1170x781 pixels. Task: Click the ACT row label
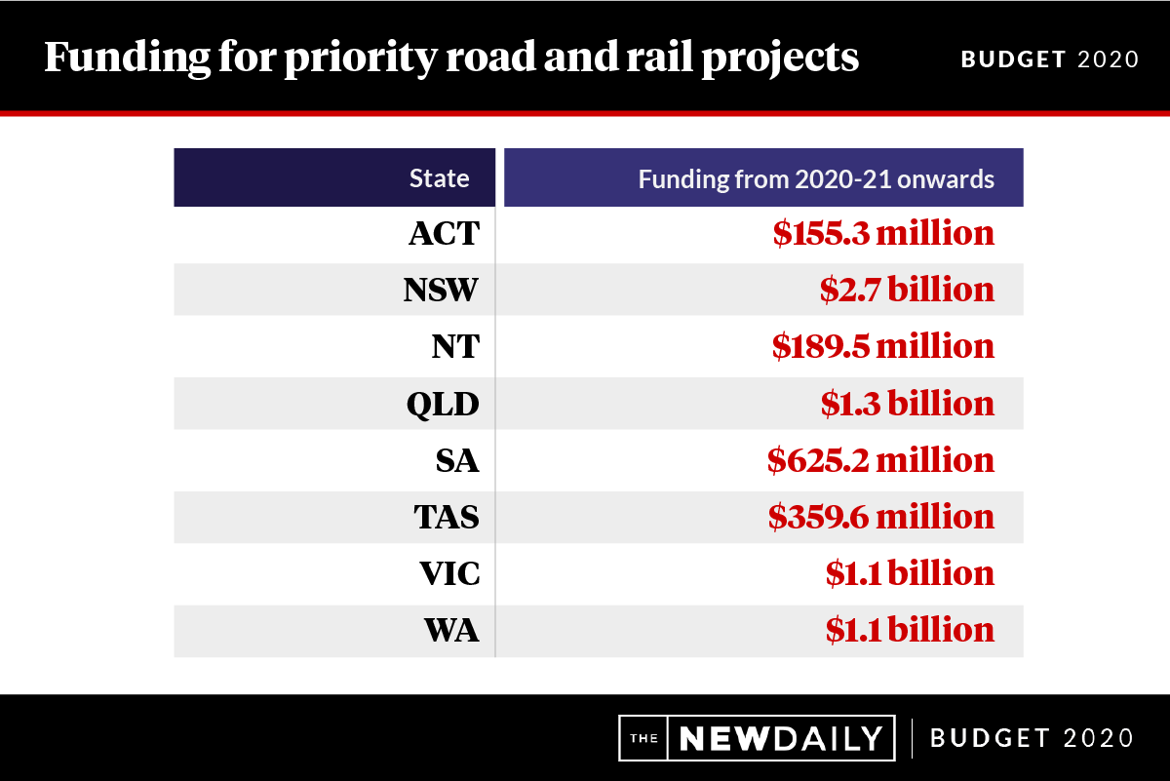(444, 234)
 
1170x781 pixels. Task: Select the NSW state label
(441, 291)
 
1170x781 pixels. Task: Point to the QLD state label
(443, 404)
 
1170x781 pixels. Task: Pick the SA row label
(457, 460)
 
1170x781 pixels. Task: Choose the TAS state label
(447, 517)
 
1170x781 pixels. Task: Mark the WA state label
(452, 630)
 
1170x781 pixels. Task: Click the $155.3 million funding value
(883, 234)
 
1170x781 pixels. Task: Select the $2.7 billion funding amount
(907, 291)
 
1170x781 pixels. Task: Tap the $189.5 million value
(883, 347)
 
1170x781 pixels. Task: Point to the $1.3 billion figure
(907, 404)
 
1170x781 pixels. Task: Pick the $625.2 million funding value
(880, 460)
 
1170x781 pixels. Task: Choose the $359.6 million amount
(881, 517)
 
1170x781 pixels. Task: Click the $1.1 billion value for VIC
(910, 573)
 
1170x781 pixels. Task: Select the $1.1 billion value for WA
(910, 630)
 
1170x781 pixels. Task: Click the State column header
(439, 178)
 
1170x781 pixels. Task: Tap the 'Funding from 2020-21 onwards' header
(816, 178)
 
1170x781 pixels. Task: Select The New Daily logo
(758, 737)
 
